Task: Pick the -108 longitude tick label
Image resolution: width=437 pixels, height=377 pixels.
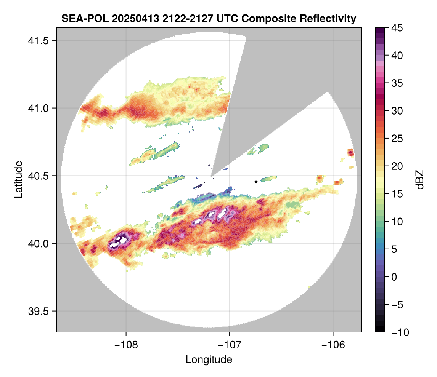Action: click(x=126, y=345)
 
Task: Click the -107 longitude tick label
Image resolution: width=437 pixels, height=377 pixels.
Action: click(x=230, y=345)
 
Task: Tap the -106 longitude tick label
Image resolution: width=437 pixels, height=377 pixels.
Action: click(x=333, y=345)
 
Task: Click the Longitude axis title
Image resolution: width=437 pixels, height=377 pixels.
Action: click(x=209, y=359)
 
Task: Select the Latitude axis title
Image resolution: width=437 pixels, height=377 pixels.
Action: click(x=18, y=179)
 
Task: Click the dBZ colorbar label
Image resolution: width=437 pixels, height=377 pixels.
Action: click(x=420, y=180)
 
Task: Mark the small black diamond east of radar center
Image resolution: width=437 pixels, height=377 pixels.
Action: click(x=256, y=182)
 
